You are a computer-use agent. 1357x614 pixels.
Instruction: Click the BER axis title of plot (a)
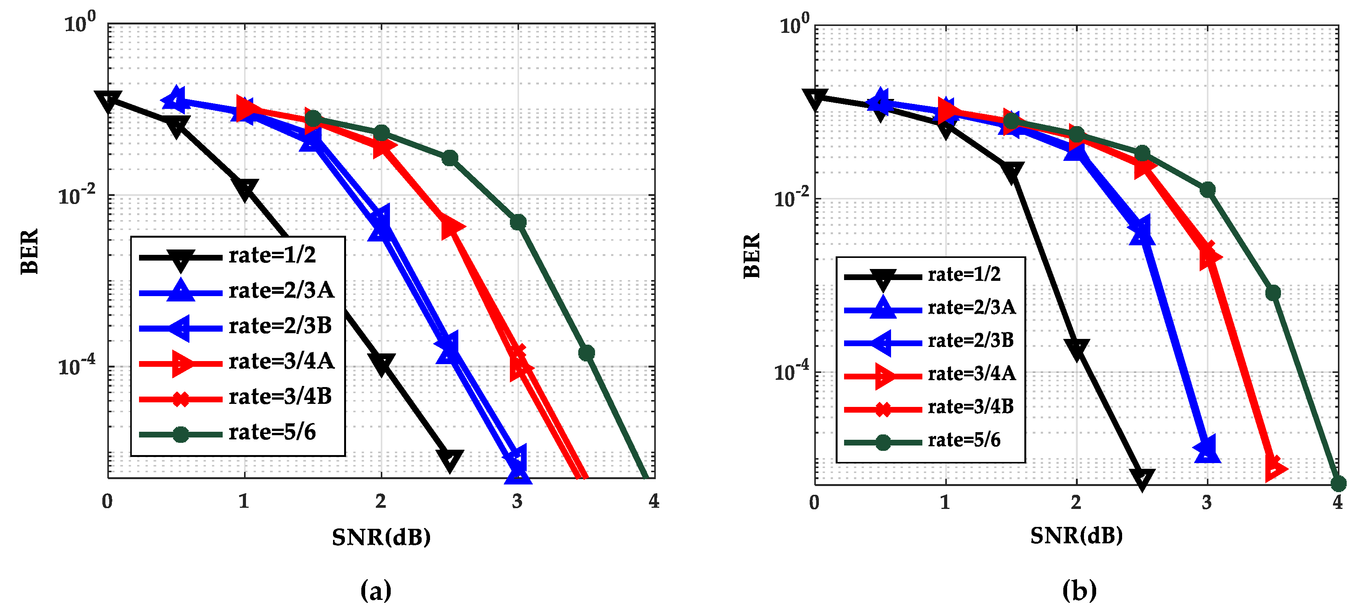click(30, 251)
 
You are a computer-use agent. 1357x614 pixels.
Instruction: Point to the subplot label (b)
click(1079, 590)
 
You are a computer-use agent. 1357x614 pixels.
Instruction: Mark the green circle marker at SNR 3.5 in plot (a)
click(586, 353)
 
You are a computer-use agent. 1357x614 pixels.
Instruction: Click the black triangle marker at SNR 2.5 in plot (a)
click(450, 460)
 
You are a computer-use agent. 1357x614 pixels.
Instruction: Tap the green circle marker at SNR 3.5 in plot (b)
click(1273, 293)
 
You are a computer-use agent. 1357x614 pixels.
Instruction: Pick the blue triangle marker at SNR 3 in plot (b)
click(1207, 450)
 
